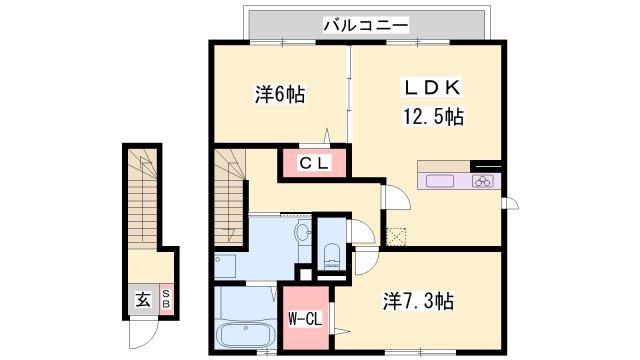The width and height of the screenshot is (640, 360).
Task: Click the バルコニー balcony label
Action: (x=366, y=25)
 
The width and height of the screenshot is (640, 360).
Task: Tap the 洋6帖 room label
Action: (x=280, y=95)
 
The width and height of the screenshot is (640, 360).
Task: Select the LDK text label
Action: (x=433, y=87)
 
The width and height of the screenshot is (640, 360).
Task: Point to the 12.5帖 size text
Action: (x=433, y=116)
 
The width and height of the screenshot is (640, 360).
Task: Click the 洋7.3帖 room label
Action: (x=418, y=302)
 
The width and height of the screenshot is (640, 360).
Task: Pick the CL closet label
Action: (x=314, y=163)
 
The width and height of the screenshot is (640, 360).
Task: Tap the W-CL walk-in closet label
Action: (x=305, y=318)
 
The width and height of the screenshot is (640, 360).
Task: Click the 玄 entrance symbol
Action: (x=143, y=301)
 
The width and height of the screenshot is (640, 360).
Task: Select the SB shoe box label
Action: (x=166, y=299)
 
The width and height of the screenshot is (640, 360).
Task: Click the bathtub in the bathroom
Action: (x=246, y=335)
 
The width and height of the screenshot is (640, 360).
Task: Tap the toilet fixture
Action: (x=331, y=256)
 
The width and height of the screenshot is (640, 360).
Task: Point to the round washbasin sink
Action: (x=303, y=234)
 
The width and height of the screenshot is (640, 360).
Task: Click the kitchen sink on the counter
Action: (x=440, y=181)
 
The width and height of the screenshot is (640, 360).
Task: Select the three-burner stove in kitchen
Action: (x=483, y=181)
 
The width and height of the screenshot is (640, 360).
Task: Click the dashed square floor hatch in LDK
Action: (x=396, y=237)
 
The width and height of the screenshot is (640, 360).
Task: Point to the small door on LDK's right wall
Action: (x=510, y=203)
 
